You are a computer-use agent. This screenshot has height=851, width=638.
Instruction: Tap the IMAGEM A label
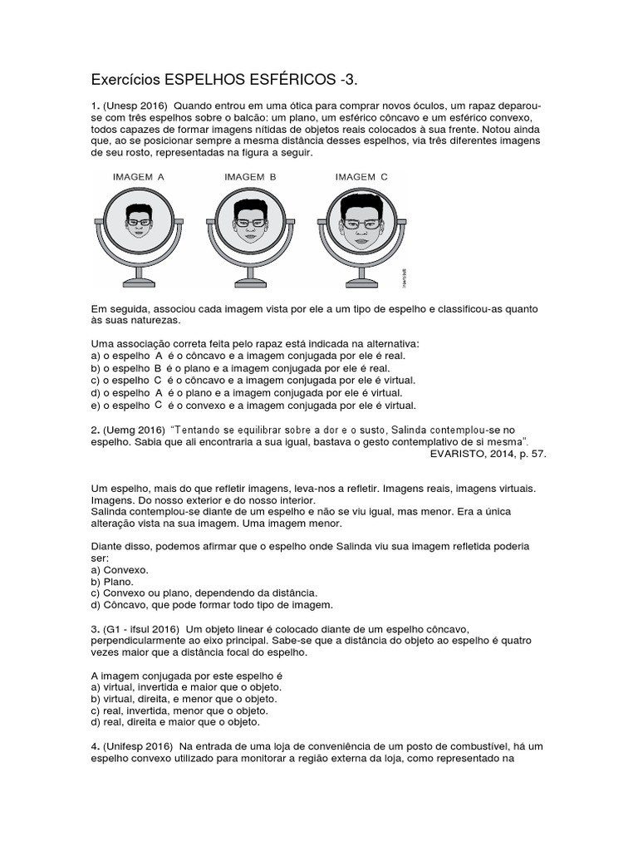pos(139,177)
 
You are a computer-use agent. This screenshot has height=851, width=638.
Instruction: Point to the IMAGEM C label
pos(361,177)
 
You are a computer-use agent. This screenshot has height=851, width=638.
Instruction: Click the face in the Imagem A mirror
pos(140,220)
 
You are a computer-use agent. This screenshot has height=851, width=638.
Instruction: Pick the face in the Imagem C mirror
pos(361,222)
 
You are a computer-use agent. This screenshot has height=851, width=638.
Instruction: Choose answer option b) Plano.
pos(113,582)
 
